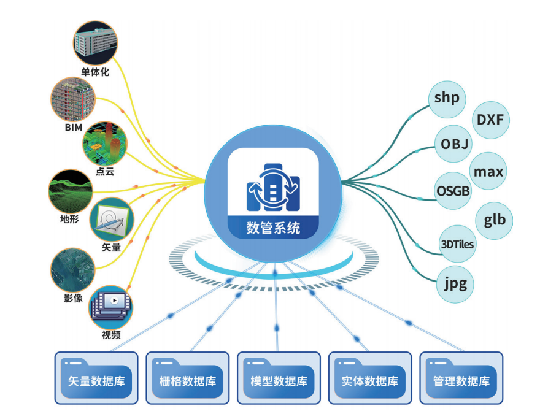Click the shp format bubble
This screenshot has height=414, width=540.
(447, 98)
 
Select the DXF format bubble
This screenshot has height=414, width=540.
(490, 118)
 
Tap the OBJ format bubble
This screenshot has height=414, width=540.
(455, 144)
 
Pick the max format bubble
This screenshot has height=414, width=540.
(489, 171)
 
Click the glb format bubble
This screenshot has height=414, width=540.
(495, 219)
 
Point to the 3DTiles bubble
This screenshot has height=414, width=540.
(458, 244)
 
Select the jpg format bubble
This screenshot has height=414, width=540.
(455, 283)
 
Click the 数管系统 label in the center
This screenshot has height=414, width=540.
(274, 228)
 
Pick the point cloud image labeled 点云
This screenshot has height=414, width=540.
(105, 143)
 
